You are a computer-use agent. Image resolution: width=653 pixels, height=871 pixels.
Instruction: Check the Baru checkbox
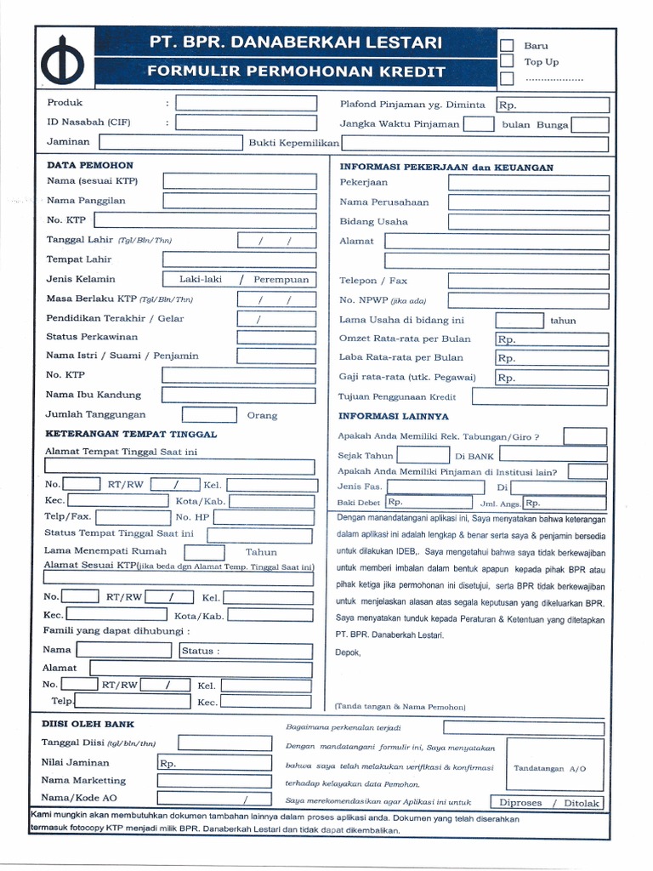click(x=507, y=46)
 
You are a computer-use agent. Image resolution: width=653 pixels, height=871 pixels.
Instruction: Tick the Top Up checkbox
click(x=507, y=62)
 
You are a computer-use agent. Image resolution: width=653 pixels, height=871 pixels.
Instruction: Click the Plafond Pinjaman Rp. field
click(x=553, y=105)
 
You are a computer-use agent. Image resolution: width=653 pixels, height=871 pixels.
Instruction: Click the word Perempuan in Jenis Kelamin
click(x=281, y=279)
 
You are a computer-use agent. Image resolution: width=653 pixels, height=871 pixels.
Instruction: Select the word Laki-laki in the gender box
click(x=200, y=279)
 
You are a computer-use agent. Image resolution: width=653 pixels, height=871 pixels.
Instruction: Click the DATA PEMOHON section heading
click(x=90, y=165)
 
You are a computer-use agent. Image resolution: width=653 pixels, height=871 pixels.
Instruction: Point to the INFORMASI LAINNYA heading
click(x=394, y=417)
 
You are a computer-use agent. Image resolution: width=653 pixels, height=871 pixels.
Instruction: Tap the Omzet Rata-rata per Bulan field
click(x=552, y=339)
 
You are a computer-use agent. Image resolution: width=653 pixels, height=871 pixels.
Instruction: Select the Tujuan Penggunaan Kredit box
click(x=540, y=396)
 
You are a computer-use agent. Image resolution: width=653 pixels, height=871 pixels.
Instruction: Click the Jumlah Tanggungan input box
click(x=209, y=415)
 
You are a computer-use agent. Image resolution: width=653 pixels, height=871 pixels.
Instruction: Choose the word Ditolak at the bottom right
click(x=582, y=803)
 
